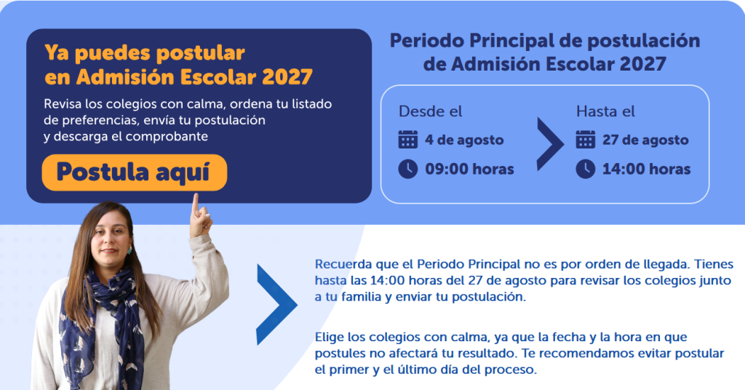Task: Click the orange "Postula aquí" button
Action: click(135, 172)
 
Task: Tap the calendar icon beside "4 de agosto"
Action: click(407, 140)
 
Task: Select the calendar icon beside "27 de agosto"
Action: click(586, 140)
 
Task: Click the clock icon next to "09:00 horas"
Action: click(407, 169)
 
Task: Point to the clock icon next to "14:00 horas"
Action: click(586, 169)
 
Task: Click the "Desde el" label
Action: click(431, 111)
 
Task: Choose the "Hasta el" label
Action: click(606, 111)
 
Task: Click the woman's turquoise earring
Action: click(129, 250)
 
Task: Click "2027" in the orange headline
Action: click(287, 77)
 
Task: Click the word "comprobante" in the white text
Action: click(167, 137)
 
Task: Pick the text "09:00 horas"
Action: click(469, 169)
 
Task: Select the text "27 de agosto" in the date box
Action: click(645, 140)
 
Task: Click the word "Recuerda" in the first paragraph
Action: click(343, 264)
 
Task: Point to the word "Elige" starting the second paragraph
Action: click(330, 338)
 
